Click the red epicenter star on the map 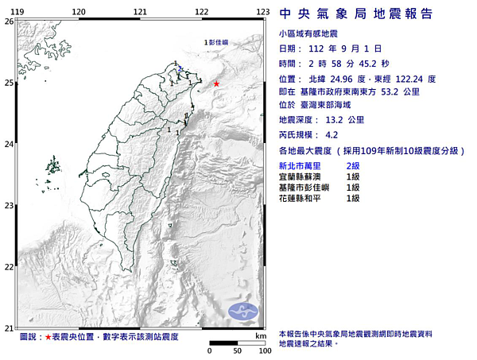[x=216, y=83]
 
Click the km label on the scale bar [x=261, y=337]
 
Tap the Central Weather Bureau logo [x=242, y=312]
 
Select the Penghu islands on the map [x=53, y=168]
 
